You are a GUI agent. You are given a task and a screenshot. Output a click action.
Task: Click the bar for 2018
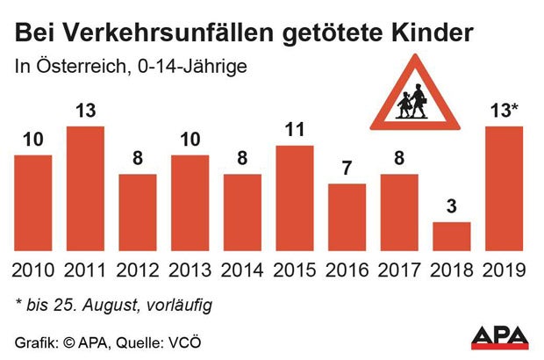[x=452, y=237]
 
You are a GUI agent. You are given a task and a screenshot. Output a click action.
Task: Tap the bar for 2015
[x=295, y=199]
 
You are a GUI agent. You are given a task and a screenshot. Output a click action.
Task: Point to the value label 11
[x=295, y=131]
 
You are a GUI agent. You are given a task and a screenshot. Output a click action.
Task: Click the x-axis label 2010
[x=33, y=270]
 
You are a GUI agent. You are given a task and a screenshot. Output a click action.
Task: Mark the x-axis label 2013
[x=190, y=270]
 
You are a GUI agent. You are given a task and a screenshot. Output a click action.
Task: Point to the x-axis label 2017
[x=399, y=270]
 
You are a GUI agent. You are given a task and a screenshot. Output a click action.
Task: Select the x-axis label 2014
[x=242, y=270]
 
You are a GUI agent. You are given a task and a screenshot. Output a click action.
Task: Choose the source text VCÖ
[x=197, y=340]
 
